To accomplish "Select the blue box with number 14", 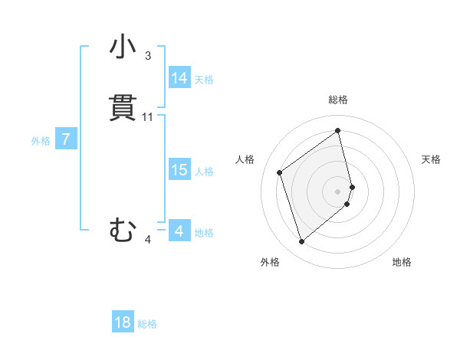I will (179, 78).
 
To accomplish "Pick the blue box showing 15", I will (179, 170).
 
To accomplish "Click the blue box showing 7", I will (67, 139).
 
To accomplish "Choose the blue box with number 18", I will (123, 322).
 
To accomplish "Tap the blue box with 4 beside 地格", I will (179, 231).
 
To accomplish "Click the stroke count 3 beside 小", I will (148, 56).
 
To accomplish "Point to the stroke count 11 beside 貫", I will (148, 117).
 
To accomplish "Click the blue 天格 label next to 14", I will (204, 80).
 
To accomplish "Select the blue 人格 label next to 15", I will (205, 172).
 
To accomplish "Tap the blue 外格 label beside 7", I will (41, 141).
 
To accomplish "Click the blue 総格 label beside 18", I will (147, 324).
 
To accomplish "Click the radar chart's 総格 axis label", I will (338, 100).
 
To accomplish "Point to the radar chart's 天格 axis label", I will (432, 159).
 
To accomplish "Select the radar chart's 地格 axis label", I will (402, 262).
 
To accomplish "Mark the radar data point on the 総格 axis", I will (338, 131).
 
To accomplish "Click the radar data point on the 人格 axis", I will (280, 172).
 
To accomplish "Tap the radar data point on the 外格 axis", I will (301, 242).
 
